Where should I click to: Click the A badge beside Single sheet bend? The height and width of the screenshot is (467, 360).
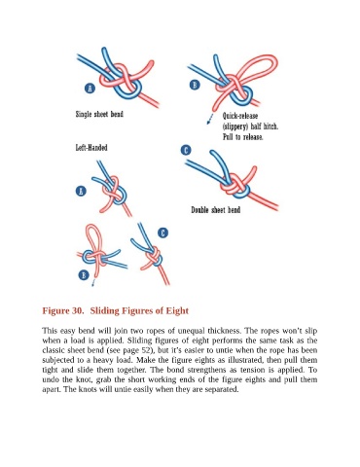click(x=90, y=88)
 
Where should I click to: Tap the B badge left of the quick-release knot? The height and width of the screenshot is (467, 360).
click(x=195, y=85)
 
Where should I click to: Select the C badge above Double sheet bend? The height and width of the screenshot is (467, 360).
click(x=186, y=151)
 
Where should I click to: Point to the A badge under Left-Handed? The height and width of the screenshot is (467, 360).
click(x=81, y=191)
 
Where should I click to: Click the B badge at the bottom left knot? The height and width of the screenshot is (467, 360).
click(x=84, y=275)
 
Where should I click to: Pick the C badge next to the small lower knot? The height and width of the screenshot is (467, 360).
click(x=162, y=233)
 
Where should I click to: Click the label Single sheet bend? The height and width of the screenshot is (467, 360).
click(x=99, y=114)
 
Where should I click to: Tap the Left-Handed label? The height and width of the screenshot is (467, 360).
click(x=91, y=148)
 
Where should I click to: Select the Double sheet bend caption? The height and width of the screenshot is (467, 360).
click(x=216, y=210)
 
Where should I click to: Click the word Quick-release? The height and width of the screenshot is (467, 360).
click(x=240, y=116)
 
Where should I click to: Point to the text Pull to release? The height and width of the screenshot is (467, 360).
click(x=243, y=137)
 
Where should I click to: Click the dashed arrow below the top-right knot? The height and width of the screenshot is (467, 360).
click(x=210, y=119)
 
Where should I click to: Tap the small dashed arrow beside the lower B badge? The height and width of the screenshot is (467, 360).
click(x=93, y=282)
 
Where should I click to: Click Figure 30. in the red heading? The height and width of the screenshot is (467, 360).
click(x=63, y=310)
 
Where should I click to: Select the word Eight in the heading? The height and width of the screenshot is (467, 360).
click(x=177, y=310)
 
